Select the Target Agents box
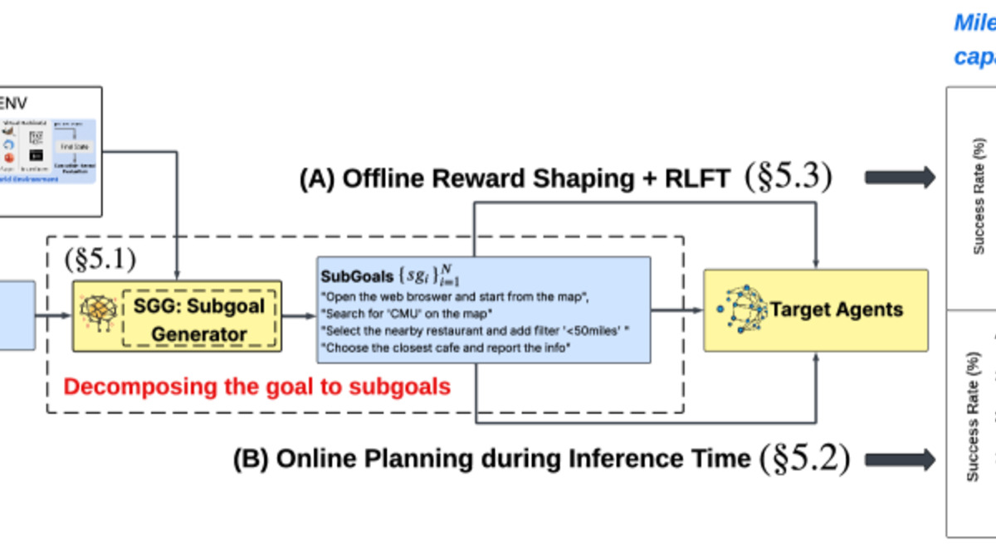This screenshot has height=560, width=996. tap(816, 310)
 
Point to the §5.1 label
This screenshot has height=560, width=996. tap(100, 259)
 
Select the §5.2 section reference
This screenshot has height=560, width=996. tap(804, 458)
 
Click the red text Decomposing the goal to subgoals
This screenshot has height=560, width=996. tap(257, 387)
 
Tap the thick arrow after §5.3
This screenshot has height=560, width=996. tap(899, 177)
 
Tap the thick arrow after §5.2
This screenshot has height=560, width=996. tap(899, 459)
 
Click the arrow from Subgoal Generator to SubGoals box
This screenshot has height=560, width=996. tap(299, 315)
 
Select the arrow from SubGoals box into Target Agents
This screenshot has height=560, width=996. tap(676, 310)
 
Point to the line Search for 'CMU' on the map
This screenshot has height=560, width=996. tap(407, 313)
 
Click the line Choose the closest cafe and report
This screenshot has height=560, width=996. tap(447, 348)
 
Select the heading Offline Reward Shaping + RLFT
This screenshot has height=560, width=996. tap(515, 179)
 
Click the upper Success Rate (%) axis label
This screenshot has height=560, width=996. tap(980, 196)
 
